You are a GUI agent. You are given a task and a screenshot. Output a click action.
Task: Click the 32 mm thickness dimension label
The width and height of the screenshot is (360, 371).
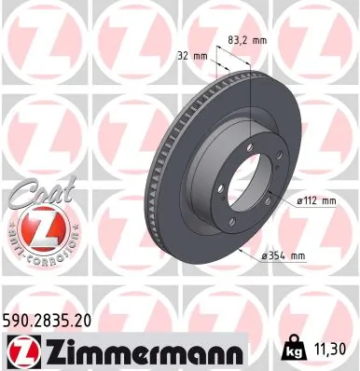[x=192, y=56]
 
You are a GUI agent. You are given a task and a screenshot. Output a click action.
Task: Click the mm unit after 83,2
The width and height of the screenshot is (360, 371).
[x=259, y=40]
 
